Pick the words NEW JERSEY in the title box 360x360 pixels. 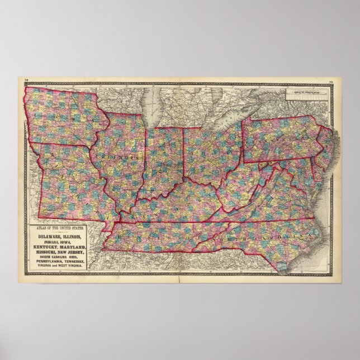coord(75,252)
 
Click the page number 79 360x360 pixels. coord(331,84)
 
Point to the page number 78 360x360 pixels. coord(26,84)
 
